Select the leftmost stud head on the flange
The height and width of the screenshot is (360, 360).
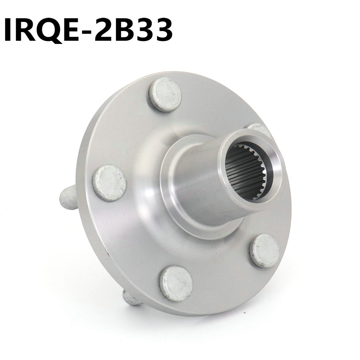[x=110, y=183]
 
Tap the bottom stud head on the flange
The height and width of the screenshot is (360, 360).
[x=176, y=283]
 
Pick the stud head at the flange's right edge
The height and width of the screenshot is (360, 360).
[x=265, y=250]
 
